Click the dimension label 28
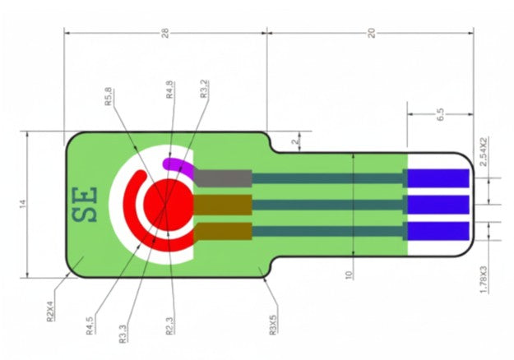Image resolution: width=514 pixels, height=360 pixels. pyautogui.click(x=165, y=33)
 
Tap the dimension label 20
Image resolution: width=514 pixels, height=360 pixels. pyautogui.click(x=371, y=33)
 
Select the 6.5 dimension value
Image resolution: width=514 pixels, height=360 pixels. pyautogui.click(x=441, y=114)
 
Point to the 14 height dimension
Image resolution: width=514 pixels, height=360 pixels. pyautogui.click(x=22, y=204)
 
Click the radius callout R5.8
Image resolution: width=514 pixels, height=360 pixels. pyautogui.click(x=109, y=97)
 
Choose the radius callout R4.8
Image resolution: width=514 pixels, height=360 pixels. pyautogui.click(x=169, y=90)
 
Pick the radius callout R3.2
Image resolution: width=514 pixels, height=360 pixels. pyautogui.click(x=204, y=89)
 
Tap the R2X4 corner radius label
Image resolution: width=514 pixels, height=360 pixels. pyautogui.click(x=50, y=312)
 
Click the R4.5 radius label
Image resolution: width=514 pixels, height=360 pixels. pyautogui.click(x=90, y=325)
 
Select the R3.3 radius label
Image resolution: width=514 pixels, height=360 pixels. pyautogui.click(x=123, y=334)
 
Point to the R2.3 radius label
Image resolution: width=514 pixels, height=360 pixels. pyautogui.click(x=169, y=326)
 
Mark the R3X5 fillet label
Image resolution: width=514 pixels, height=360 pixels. pyautogui.click(x=273, y=325)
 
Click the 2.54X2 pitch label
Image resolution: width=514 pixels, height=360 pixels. pyautogui.click(x=484, y=152)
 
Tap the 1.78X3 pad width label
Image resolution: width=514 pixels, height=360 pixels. pyautogui.click(x=484, y=279)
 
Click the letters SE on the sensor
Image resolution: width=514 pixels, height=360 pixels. pyautogui.click(x=85, y=205)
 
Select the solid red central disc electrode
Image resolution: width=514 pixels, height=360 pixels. pyautogui.click(x=169, y=205)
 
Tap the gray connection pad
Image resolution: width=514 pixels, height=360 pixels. pyautogui.click(x=223, y=178)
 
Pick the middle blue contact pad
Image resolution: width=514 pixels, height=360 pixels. pyautogui.click(x=438, y=205)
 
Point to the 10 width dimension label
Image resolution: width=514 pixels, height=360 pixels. pyautogui.click(x=349, y=275)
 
